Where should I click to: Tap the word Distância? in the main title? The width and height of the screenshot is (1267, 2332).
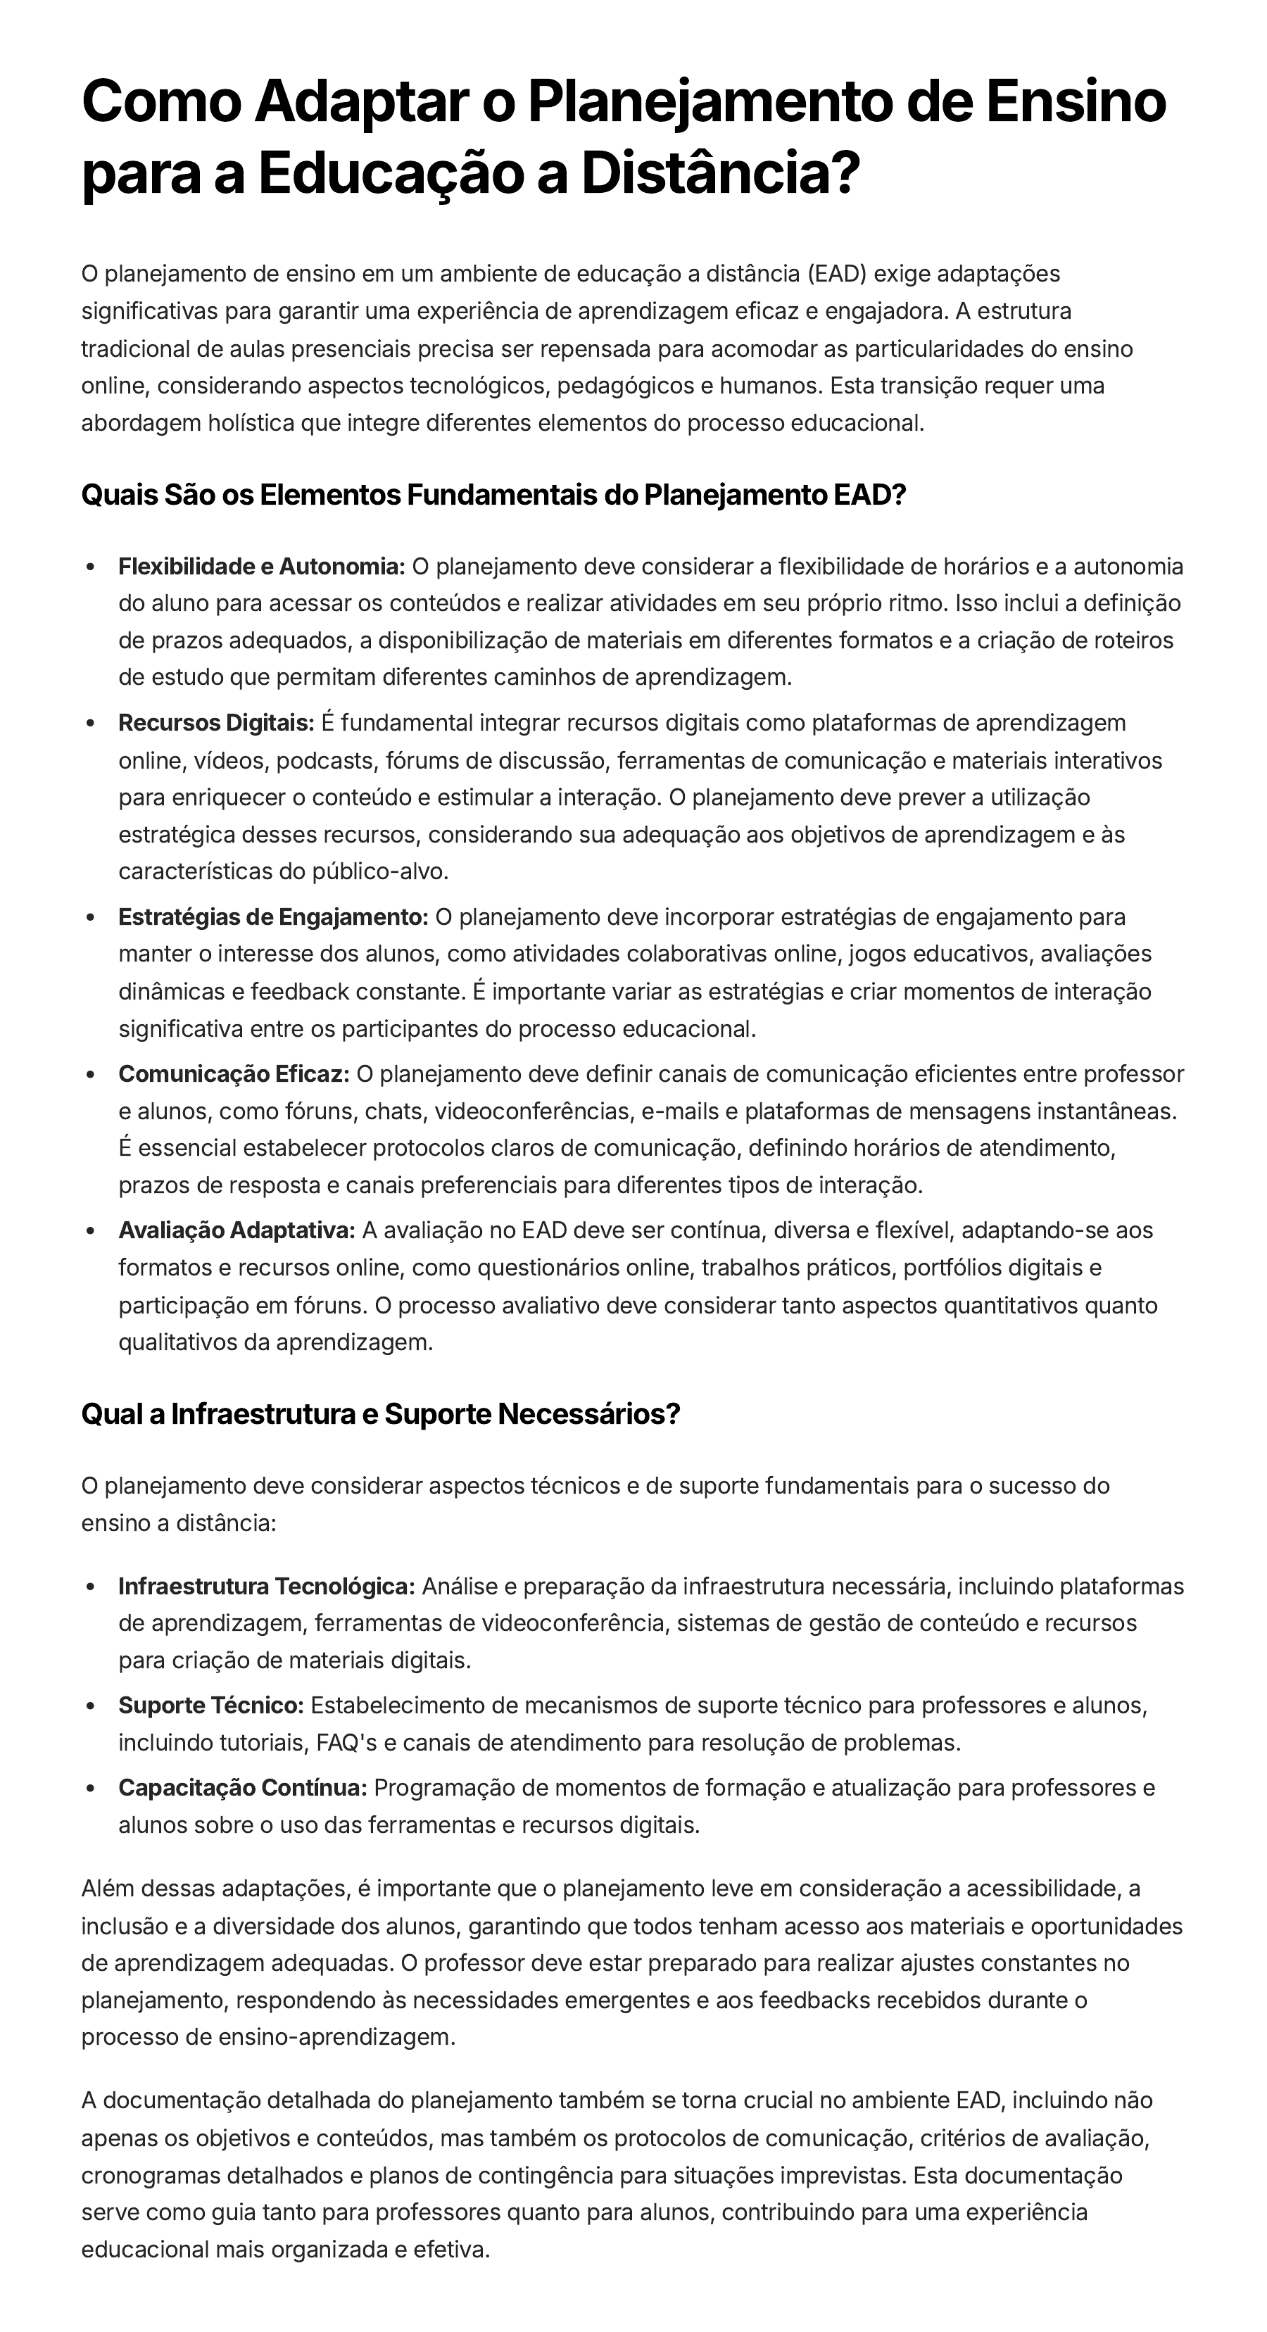pyautogui.click(x=719, y=174)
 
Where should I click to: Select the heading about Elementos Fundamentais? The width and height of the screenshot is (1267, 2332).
pyautogui.click(x=493, y=496)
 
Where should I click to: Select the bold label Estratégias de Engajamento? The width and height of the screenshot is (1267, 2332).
pyautogui.click(x=273, y=917)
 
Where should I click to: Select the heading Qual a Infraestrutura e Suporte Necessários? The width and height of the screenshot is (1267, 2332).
pyautogui.click(x=380, y=1414)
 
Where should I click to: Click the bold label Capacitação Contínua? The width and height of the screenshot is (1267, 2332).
pyautogui.click(x=243, y=1788)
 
